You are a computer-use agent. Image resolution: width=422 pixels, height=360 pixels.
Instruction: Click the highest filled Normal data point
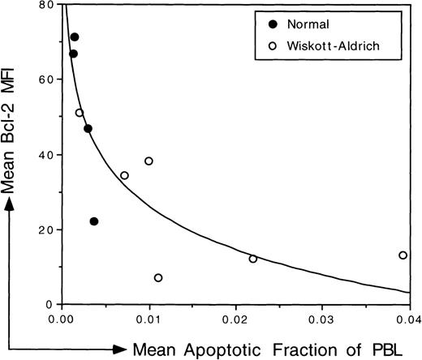pos(75,37)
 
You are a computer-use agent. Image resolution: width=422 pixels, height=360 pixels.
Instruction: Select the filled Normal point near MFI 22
pos(94,221)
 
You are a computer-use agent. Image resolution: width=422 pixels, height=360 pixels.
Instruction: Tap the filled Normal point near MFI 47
pos(88,129)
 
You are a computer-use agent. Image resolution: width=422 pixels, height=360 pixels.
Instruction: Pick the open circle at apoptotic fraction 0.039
pos(403,255)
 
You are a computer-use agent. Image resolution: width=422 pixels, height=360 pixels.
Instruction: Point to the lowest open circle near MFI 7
pos(158,278)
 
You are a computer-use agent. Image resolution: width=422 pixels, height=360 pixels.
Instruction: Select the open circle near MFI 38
pos(149,161)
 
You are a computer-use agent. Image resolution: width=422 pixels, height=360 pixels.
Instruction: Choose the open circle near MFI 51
pos(80,113)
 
